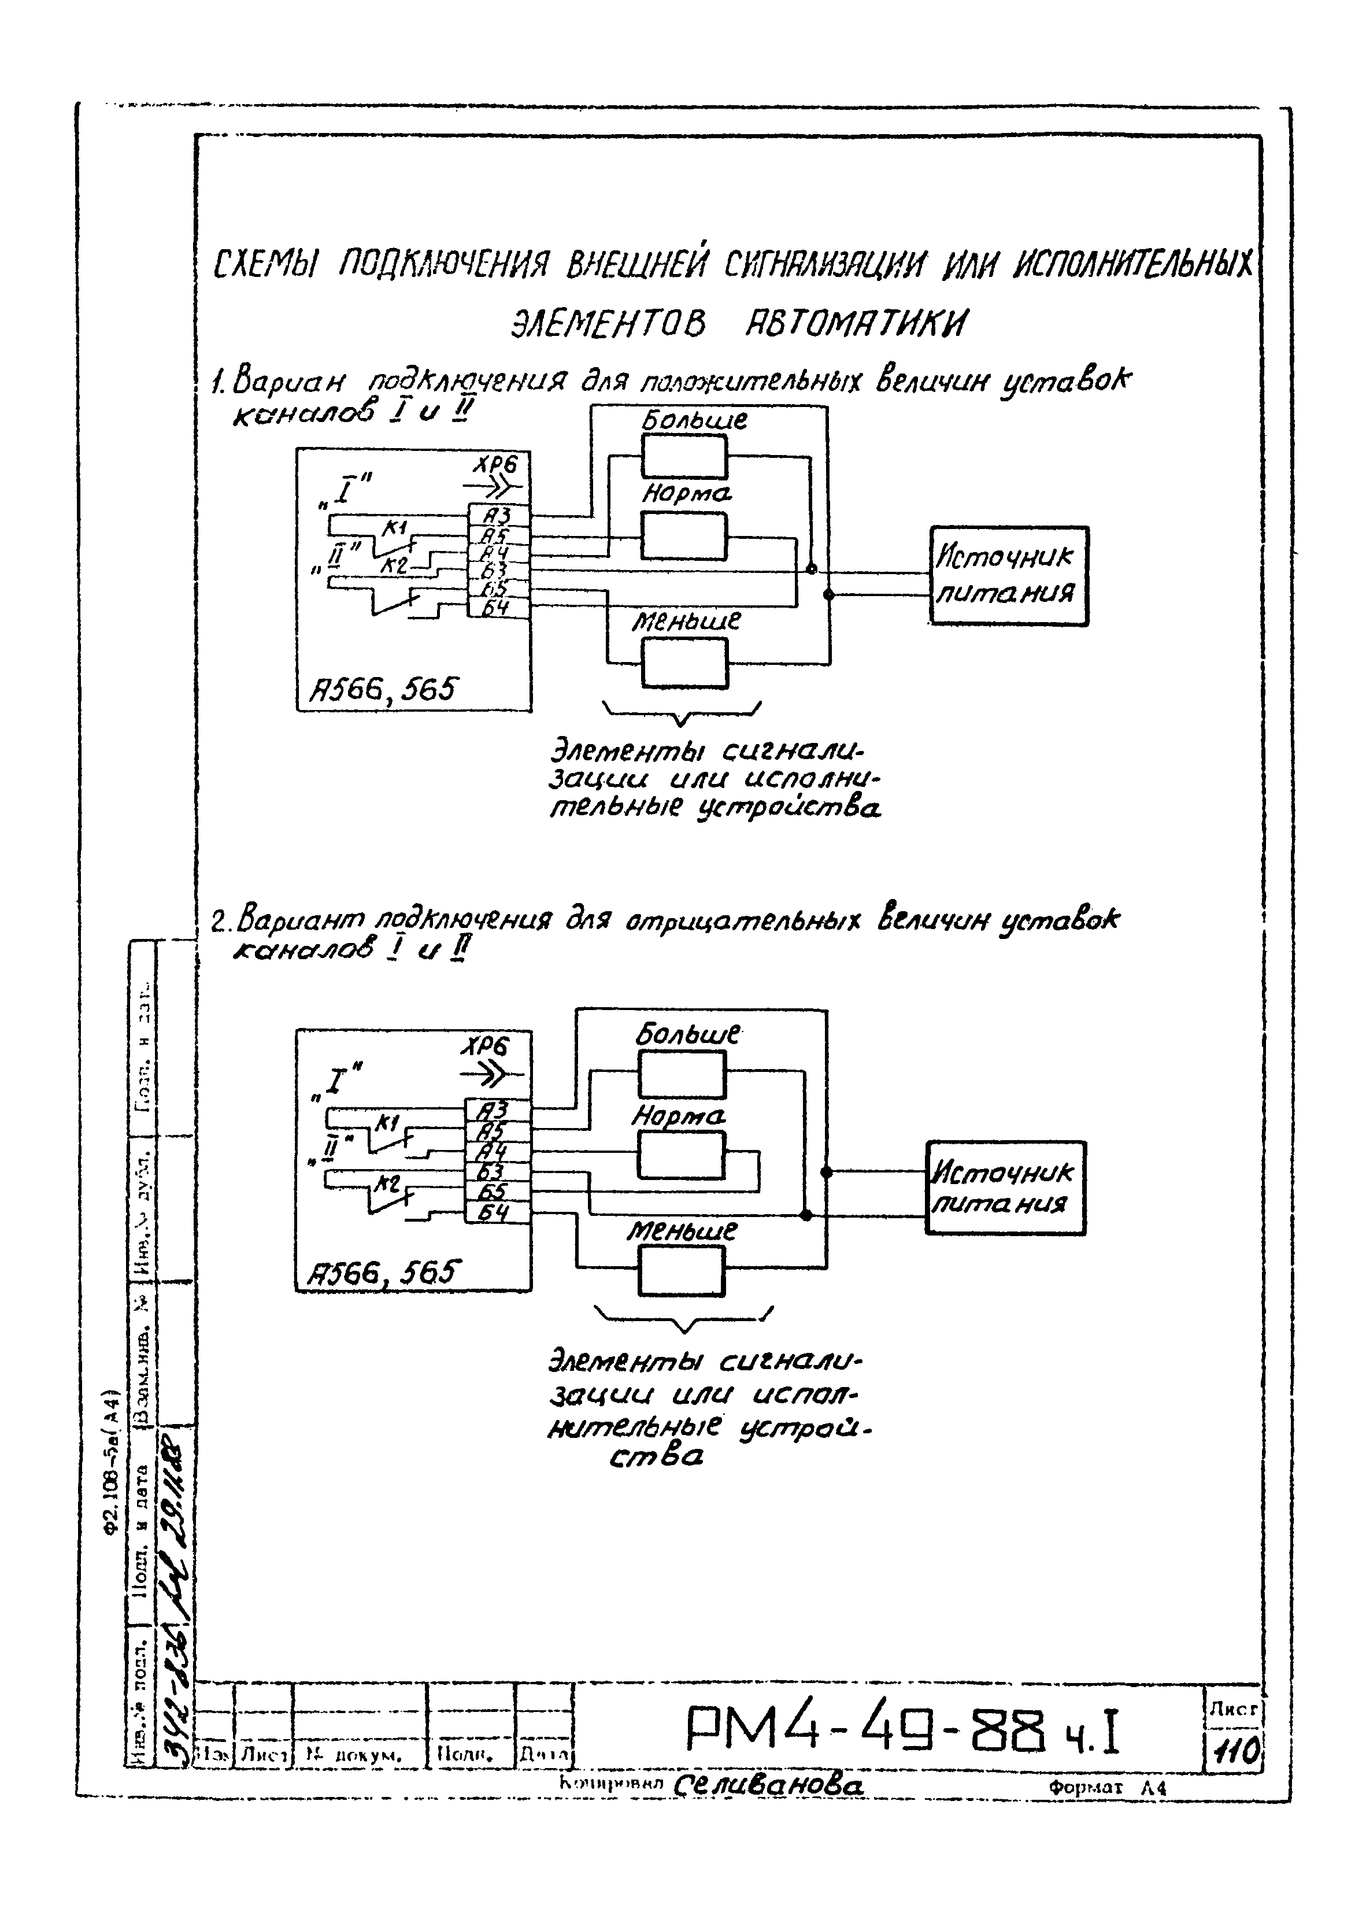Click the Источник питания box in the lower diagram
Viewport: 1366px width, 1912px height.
pos(1005,1187)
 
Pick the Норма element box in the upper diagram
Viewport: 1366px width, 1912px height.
pos(684,536)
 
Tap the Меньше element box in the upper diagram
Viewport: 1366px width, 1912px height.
pos(684,663)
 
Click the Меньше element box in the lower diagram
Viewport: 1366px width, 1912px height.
pos(680,1271)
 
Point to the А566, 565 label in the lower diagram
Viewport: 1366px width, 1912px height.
pos(380,1274)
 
